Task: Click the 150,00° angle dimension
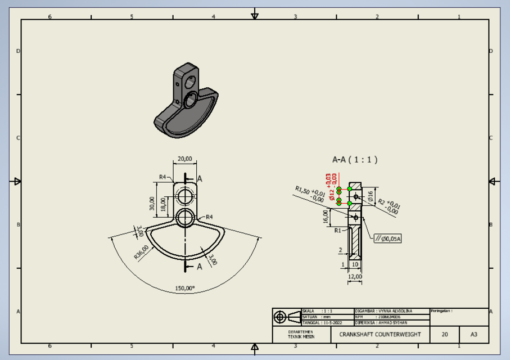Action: pos(184,288)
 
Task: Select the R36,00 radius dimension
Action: pos(141,251)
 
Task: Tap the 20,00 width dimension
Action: pos(185,159)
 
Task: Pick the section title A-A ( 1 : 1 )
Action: pos(355,160)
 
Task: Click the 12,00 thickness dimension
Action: pos(355,276)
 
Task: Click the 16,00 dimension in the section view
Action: pos(326,216)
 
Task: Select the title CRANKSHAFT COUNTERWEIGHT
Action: pos(380,334)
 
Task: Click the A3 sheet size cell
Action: pos(473,334)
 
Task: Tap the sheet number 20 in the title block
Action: pos(445,334)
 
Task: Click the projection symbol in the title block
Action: pos(287,317)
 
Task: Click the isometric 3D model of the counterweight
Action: pos(186,103)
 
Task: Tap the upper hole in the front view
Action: pos(185,196)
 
